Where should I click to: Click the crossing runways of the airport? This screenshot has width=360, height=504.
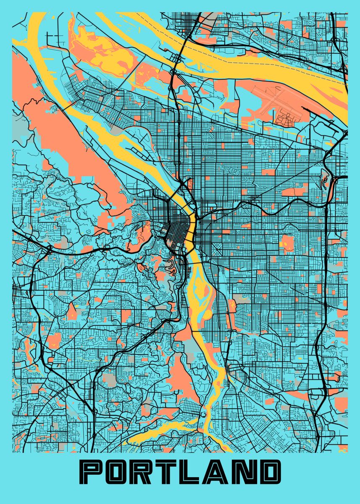[x=273, y=101]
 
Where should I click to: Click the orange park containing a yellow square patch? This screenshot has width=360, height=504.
[x=287, y=242]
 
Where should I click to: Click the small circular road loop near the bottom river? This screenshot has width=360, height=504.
[x=204, y=415]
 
